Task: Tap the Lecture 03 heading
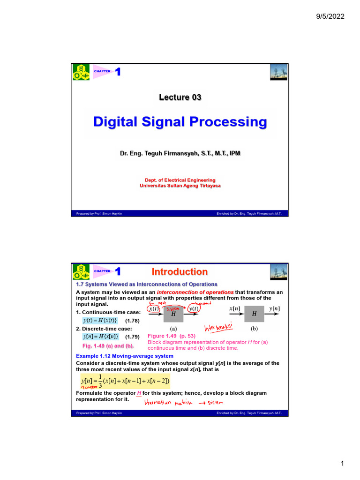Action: (x=180, y=97)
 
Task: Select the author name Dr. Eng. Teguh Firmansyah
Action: (x=180, y=153)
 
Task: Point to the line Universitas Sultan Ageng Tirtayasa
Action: (x=180, y=186)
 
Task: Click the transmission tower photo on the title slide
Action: (x=278, y=72)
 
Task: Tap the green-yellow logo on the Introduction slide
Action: (x=81, y=272)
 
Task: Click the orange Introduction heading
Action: (x=180, y=272)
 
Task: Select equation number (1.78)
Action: (x=133, y=321)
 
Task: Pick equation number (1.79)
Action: (x=133, y=337)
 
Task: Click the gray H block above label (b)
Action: (x=254, y=313)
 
